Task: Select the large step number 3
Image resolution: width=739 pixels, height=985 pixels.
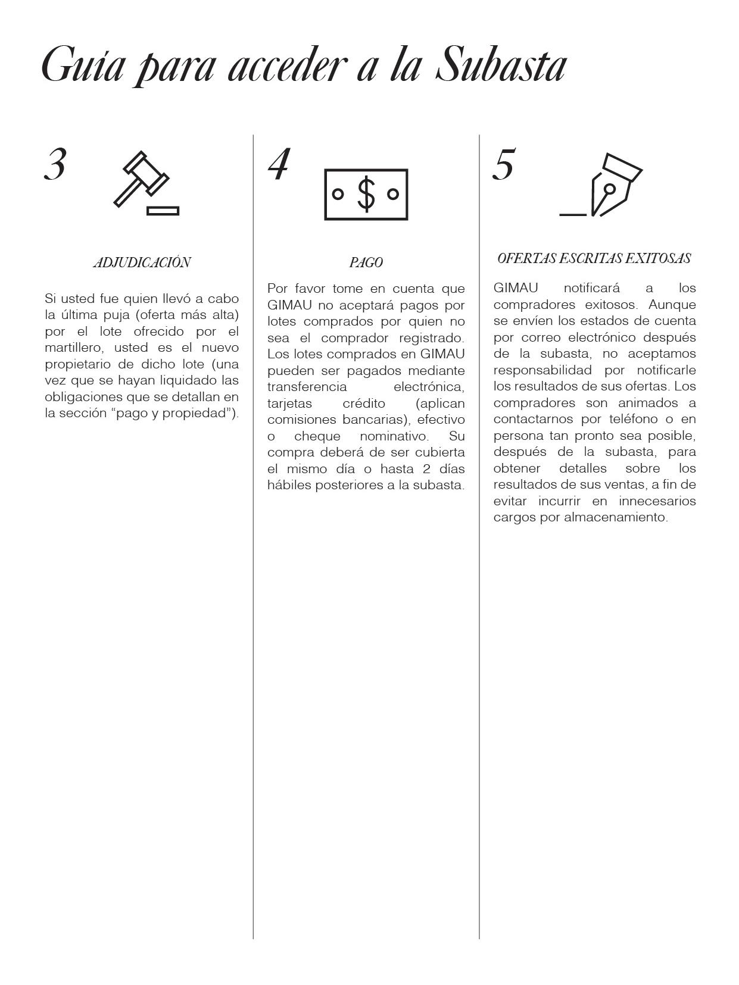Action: [x=55, y=164]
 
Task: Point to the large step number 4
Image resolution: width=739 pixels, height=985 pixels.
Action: [x=278, y=164]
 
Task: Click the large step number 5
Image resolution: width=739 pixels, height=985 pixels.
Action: [x=503, y=165]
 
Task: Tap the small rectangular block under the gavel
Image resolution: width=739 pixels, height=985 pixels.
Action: [x=163, y=210]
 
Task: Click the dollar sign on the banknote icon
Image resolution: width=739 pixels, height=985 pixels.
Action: [x=366, y=194]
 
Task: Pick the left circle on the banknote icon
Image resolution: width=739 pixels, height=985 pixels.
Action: [x=338, y=194]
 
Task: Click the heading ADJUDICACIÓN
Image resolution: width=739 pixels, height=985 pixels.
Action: [x=142, y=262]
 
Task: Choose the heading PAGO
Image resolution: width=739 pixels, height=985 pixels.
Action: [x=366, y=262]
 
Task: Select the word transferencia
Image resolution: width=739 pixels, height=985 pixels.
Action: [x=307, y=387]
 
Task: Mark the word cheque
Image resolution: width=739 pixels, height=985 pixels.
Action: [x=317, y=436]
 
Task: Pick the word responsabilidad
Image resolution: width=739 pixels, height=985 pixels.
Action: [x=542, y=370]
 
